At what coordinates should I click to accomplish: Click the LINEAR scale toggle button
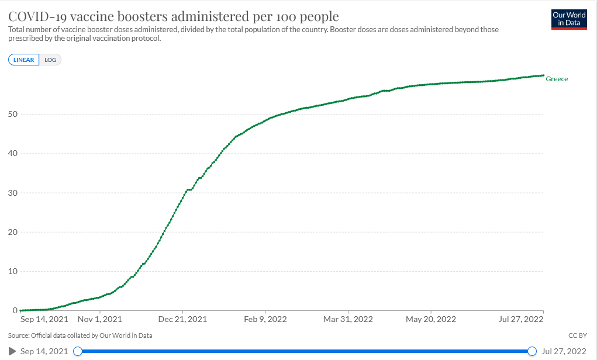point(24,60)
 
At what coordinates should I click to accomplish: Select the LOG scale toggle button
point(50,60)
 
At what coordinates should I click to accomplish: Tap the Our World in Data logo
point(569,19)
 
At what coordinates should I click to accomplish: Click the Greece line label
point(557,79)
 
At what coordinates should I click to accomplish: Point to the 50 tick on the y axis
point(12,114)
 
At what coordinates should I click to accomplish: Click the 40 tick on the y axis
point(12,153)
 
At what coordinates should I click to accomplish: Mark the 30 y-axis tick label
point(12,193)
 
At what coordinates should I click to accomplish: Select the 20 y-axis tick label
point(12,232)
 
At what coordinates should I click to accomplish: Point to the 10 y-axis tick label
point(12,271)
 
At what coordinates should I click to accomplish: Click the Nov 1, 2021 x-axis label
point(100,320)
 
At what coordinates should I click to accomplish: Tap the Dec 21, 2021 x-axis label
point(182,320)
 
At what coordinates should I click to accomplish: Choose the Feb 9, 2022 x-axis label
point(265,320)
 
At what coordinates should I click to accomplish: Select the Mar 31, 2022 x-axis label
point(348,320)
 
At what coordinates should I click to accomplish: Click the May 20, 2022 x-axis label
point(431,320)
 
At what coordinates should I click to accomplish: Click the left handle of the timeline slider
point(77,351)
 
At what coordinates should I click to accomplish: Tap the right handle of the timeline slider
point(532,351)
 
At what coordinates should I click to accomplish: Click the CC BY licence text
point(578,335)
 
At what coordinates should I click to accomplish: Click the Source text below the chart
point(80,335)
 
